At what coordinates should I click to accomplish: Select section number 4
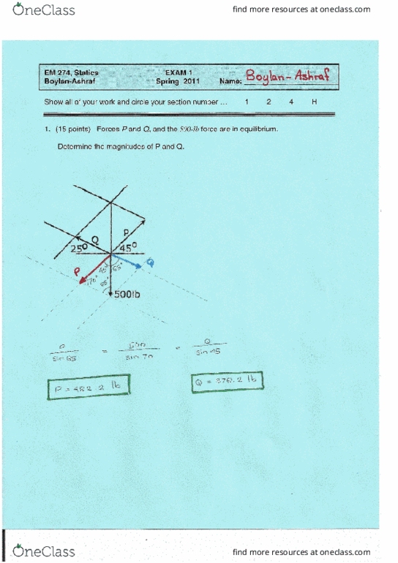(x=291, y=102)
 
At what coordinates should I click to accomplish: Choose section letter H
(x=314, y=102)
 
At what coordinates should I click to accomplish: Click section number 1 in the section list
(x=247, y=102)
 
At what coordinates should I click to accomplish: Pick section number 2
(x=269, y=102)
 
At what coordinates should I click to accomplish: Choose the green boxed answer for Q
(x=226, y=382)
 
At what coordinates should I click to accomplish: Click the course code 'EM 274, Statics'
(x=72, y=72)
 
